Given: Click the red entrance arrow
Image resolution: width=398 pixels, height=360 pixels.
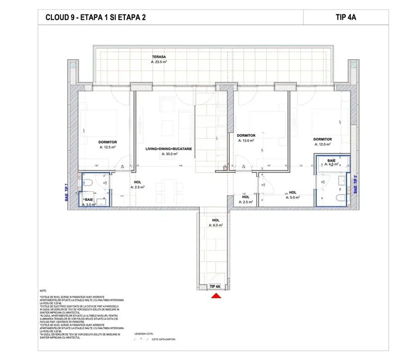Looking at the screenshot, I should [216, 296].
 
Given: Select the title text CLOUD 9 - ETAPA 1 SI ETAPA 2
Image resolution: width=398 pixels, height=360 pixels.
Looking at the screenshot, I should [96, 17].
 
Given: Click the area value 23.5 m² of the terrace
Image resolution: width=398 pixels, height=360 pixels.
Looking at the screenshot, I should [159, 63].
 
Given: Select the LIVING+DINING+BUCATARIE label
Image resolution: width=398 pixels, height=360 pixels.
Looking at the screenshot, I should [169, 149].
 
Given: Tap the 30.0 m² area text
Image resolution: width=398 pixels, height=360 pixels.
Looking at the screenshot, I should [169, 154].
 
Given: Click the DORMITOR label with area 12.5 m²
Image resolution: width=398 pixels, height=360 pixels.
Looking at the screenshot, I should [108, 142].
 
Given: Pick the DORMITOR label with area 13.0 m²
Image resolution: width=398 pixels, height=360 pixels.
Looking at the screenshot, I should [246, 135].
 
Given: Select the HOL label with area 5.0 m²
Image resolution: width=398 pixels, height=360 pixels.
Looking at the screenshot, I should [293, 192].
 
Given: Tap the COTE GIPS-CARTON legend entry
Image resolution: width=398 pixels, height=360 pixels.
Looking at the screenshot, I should [164, 340].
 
